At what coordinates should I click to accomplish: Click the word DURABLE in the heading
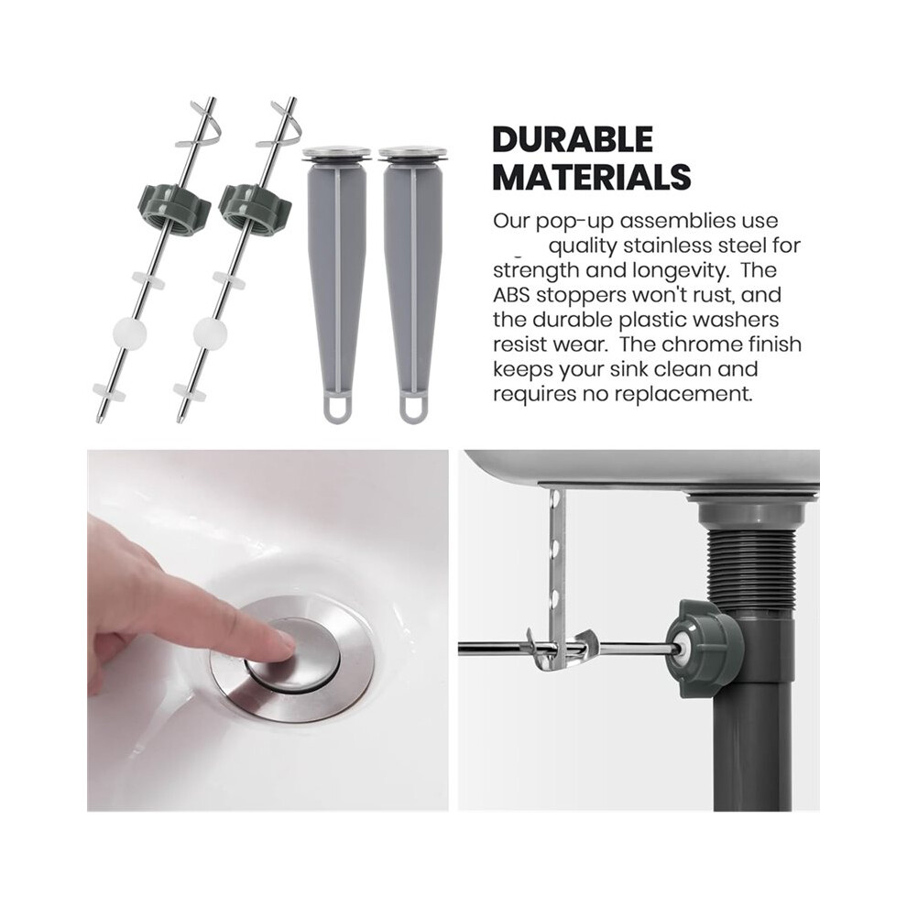click(573, 139)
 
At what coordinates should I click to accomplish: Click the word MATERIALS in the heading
click(592, 177)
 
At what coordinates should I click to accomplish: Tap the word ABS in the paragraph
click(511, 295)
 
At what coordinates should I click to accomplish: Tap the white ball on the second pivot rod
click(211, 333)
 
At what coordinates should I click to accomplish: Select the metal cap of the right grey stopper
click(415, 155)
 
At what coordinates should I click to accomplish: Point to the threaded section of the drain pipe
click(749, 564)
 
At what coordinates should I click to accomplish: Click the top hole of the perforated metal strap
click(556, 497)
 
